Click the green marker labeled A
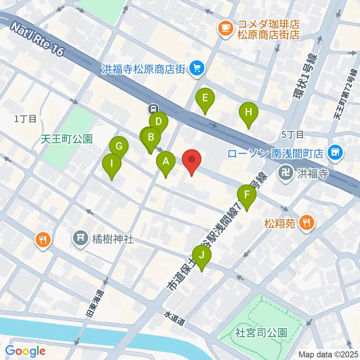tap(165, 162)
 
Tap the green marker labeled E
tap(205, 98)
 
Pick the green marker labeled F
tap(247, 195)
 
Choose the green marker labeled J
tap(202, 256)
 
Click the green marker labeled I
tap(112, 164)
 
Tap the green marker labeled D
tap(158, 121)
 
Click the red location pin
tap(192, 160)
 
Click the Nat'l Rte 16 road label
tap(37, 38)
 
